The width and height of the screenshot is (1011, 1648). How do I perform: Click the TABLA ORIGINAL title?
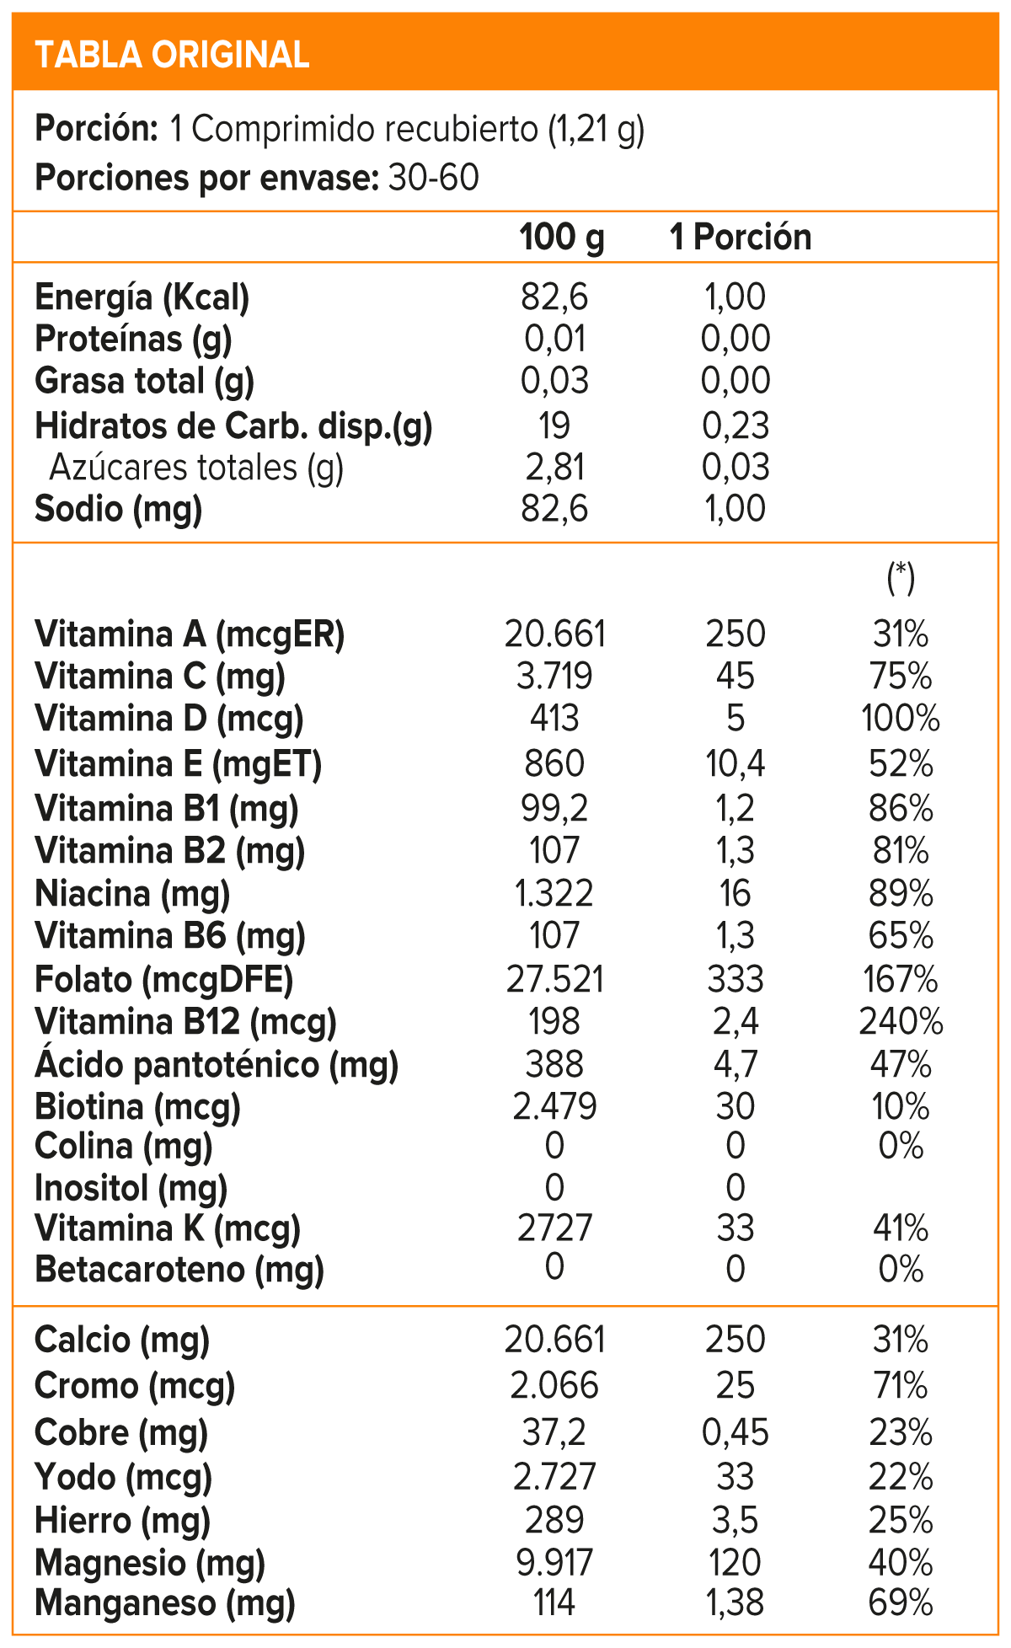click(172, 55)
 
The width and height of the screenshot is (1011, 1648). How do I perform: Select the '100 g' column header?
click(562, 238)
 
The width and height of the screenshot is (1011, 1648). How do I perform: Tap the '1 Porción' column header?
click(741, 238)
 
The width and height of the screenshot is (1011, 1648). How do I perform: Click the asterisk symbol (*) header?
click(901, 577)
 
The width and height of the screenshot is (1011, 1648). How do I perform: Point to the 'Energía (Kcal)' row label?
click(142, 297)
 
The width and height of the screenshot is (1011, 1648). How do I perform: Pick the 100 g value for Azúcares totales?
click(554, 468)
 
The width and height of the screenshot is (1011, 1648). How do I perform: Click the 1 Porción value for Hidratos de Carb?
click(736, 425)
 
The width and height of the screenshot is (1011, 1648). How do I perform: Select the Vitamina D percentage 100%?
click(901, 719)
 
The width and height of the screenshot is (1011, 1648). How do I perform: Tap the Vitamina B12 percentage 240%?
click(901, 1022)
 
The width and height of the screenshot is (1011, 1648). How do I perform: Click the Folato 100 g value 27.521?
click(554, 980)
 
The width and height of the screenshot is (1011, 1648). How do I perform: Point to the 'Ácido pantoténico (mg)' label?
click(217, 1065)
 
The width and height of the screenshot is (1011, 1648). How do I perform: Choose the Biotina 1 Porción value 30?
click(736, 1106)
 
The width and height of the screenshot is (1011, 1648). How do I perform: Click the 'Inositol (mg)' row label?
click(131, 1188)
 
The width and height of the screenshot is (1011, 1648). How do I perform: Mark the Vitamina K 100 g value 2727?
click(554, 1228)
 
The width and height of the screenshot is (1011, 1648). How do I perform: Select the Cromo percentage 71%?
click(901, 1386)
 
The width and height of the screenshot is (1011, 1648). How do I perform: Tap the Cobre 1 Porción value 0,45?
click(736, 1432)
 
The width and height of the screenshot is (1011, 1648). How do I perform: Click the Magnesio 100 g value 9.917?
click(554, 1562)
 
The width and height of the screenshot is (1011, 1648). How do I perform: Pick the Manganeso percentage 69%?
click(901, 1603)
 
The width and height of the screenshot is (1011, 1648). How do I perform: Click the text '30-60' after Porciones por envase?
click(434, 179)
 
